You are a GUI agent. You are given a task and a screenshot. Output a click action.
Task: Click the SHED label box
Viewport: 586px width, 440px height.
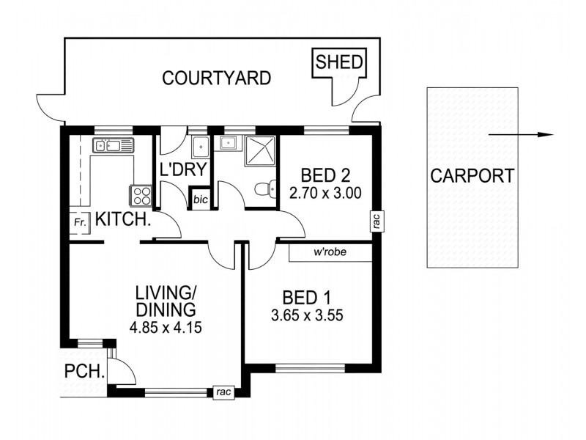339,62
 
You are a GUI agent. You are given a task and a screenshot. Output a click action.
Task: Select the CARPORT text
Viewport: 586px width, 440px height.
472,176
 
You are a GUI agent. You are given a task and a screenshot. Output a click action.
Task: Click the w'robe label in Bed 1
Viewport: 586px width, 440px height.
330,253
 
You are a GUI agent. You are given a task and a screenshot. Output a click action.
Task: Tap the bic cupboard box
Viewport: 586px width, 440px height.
200,199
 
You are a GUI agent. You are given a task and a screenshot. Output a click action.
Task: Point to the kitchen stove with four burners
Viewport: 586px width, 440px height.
141,196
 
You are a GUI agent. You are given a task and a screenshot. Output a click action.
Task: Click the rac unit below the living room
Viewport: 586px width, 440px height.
223,392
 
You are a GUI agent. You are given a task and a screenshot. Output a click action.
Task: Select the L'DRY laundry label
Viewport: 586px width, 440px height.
184,170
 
